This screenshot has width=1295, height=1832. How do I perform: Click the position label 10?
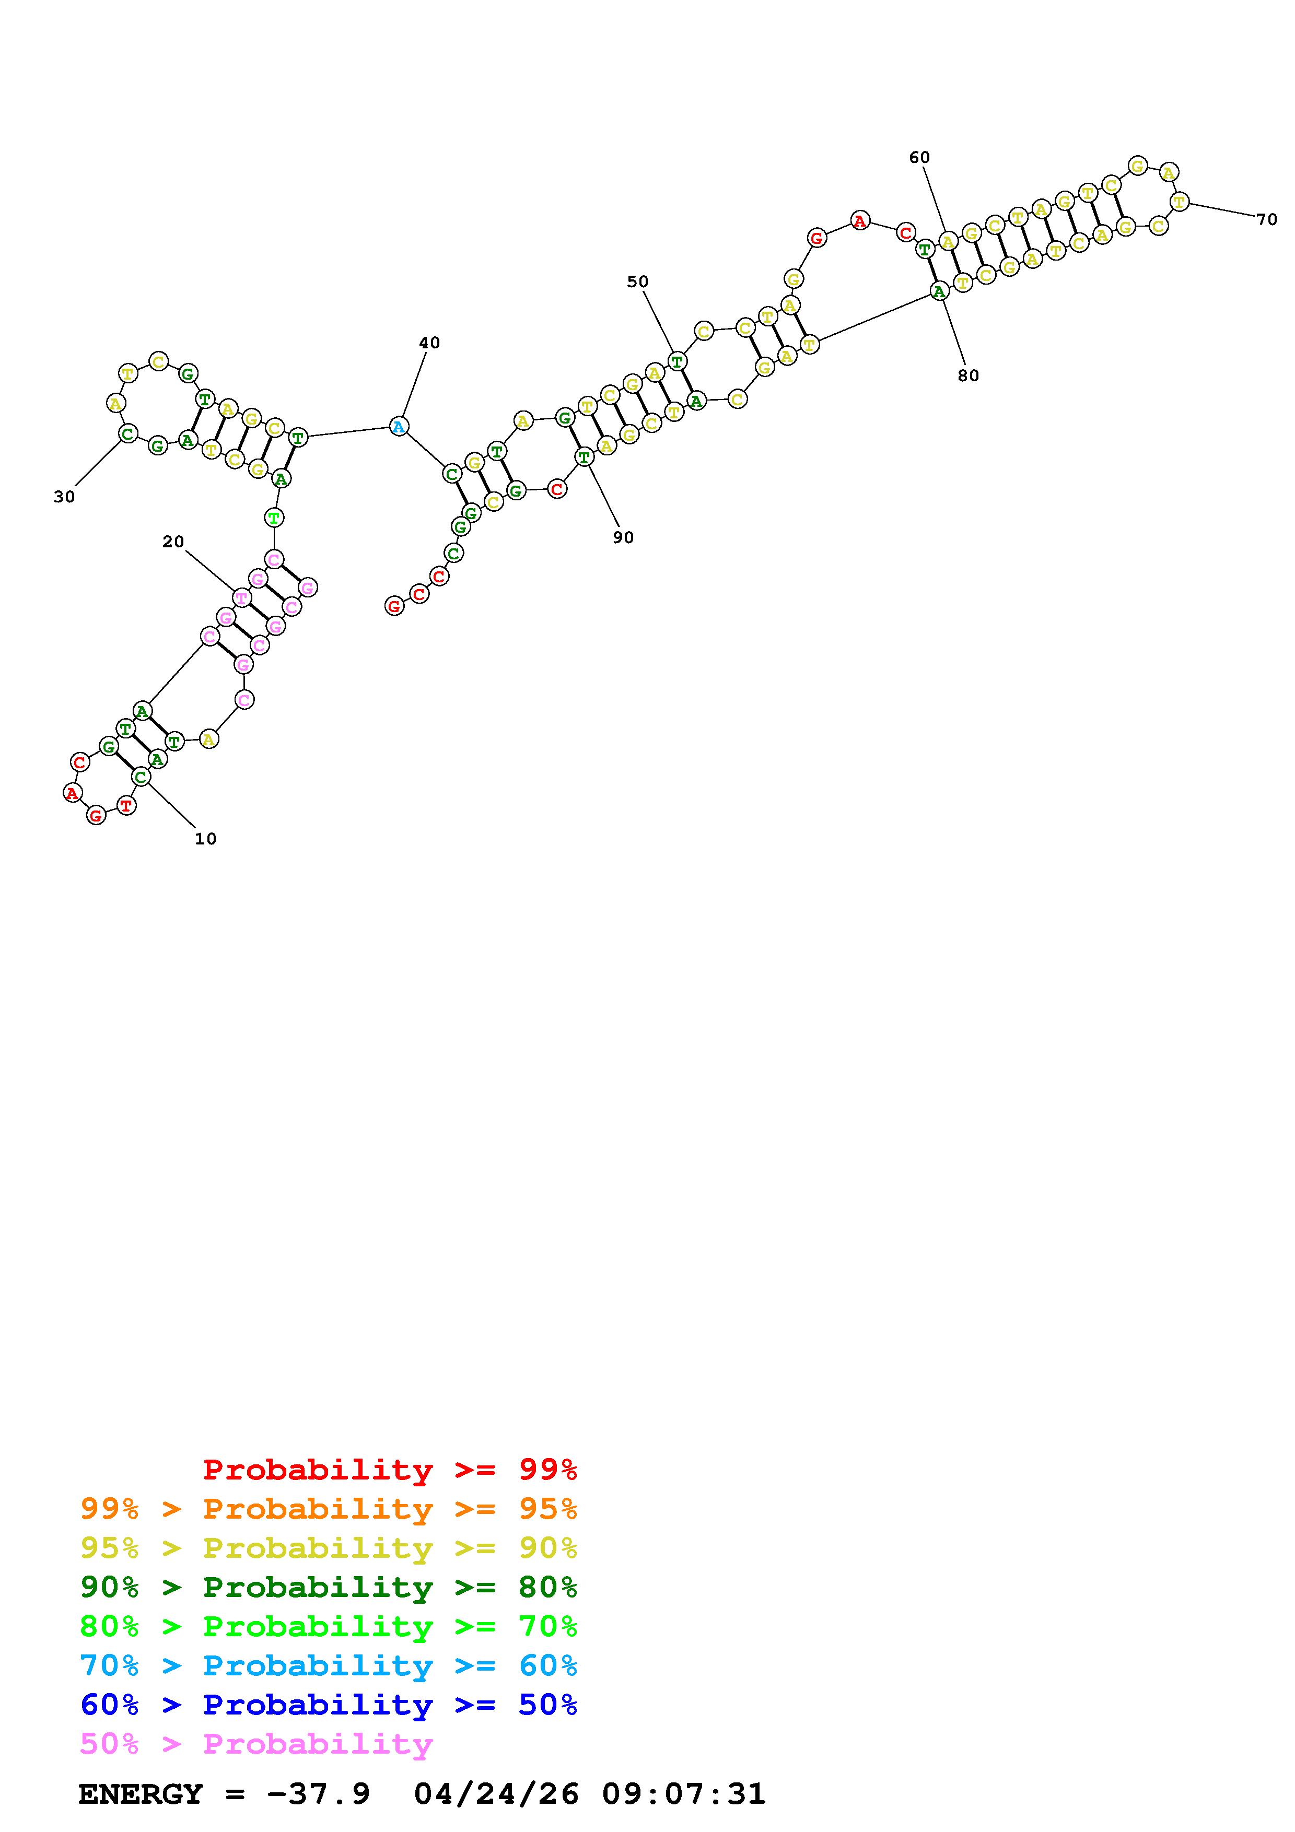tap(206, 839)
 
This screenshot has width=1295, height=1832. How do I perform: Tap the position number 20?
tap(173, 542)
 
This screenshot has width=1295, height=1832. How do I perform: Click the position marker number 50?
tap(637, 281)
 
